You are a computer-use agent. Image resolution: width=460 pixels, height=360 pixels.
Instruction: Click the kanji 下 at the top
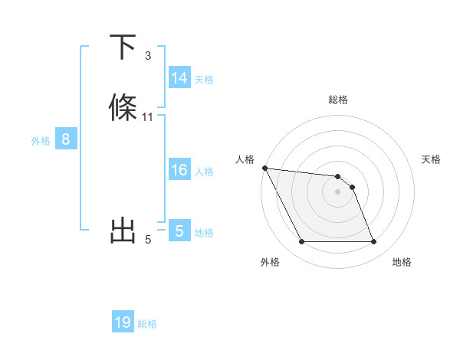pyautogui.click(x=123, y=48)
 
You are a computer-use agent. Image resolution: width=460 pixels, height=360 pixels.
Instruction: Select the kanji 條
pyautogui.click(x=123, y=107)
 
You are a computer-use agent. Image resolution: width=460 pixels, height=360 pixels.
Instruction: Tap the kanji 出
pyautogui.click(x=123, y=231)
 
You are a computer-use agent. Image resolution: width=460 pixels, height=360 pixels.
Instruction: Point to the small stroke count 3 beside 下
pyautogui.click(x=148, y=56)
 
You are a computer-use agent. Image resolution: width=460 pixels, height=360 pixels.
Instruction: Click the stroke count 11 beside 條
pyautogui.click(x=148, y=117)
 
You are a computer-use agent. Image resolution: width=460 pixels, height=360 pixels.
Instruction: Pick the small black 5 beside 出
pyautogui.click(x=148, y=241)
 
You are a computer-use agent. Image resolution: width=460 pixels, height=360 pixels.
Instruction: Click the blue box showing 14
pyautogui.click(x=179, y=78)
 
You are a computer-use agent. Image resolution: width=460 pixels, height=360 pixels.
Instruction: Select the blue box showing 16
pyautogui.click(x=179, y=170)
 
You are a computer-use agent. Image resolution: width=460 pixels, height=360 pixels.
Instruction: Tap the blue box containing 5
pyautogui.click(x=179, y=231)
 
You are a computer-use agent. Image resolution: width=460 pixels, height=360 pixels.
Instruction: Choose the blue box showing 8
pyautogui.click(x=66, y=140)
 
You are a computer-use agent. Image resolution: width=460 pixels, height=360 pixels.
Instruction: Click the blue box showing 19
pyautogui.click(x=123, y=322)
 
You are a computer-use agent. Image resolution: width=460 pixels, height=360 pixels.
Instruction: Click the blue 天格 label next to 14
pyautogui.click(x=204, y=79)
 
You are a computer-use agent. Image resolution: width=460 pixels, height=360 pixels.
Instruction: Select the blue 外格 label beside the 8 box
pyautogui.click(x=41, y=141)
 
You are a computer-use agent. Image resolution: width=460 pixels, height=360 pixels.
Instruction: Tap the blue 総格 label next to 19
pyautogui.click(x=147, y=323)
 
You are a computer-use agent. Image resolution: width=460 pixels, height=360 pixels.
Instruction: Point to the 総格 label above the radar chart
pyautogui.click(x=338, y=100)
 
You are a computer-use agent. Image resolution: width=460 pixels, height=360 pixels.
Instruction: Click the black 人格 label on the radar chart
pyautogui.click(x=245, y=159)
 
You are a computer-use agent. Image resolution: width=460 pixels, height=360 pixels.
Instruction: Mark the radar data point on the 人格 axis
pyautogui.click(x=264, y=168)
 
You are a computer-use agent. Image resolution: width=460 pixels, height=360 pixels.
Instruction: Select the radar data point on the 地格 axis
pyautogui.click(x=373, y=242)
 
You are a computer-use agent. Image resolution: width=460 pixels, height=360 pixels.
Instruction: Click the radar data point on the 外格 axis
pyautogui.click(x=301, y=242)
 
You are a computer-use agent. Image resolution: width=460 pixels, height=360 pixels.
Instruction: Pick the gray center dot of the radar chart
pyautogui.click(x=338, y=191)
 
